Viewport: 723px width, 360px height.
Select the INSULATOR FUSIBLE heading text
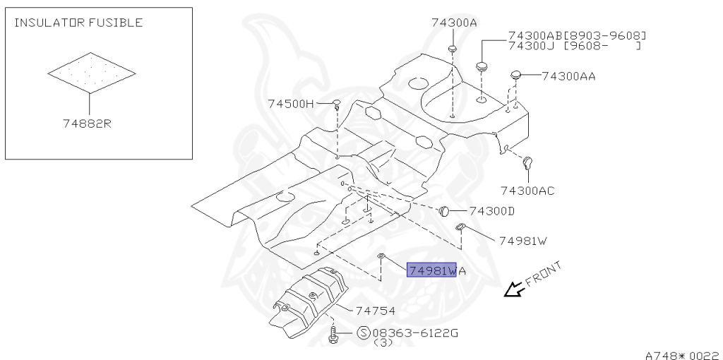[78, 23]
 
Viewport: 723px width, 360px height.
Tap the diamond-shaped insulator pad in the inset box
[91, 72]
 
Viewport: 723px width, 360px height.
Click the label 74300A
[454, 23]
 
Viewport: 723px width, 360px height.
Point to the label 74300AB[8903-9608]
[577, 35]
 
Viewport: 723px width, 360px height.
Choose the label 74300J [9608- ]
[574, 46]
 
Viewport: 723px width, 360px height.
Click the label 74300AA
[568, 76]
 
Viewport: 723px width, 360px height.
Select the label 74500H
[290, 104]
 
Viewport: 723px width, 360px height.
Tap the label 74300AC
[527, 191]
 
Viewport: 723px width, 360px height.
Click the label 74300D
[491, 211]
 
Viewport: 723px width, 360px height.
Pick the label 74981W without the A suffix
[522, 241]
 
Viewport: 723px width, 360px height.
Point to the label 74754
[375, 310]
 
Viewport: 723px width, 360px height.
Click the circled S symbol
[364, 332]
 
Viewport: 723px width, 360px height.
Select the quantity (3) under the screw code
[383, 343]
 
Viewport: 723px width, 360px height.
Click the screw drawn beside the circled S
[333, 334]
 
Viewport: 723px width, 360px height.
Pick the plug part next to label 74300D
[445, 210]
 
